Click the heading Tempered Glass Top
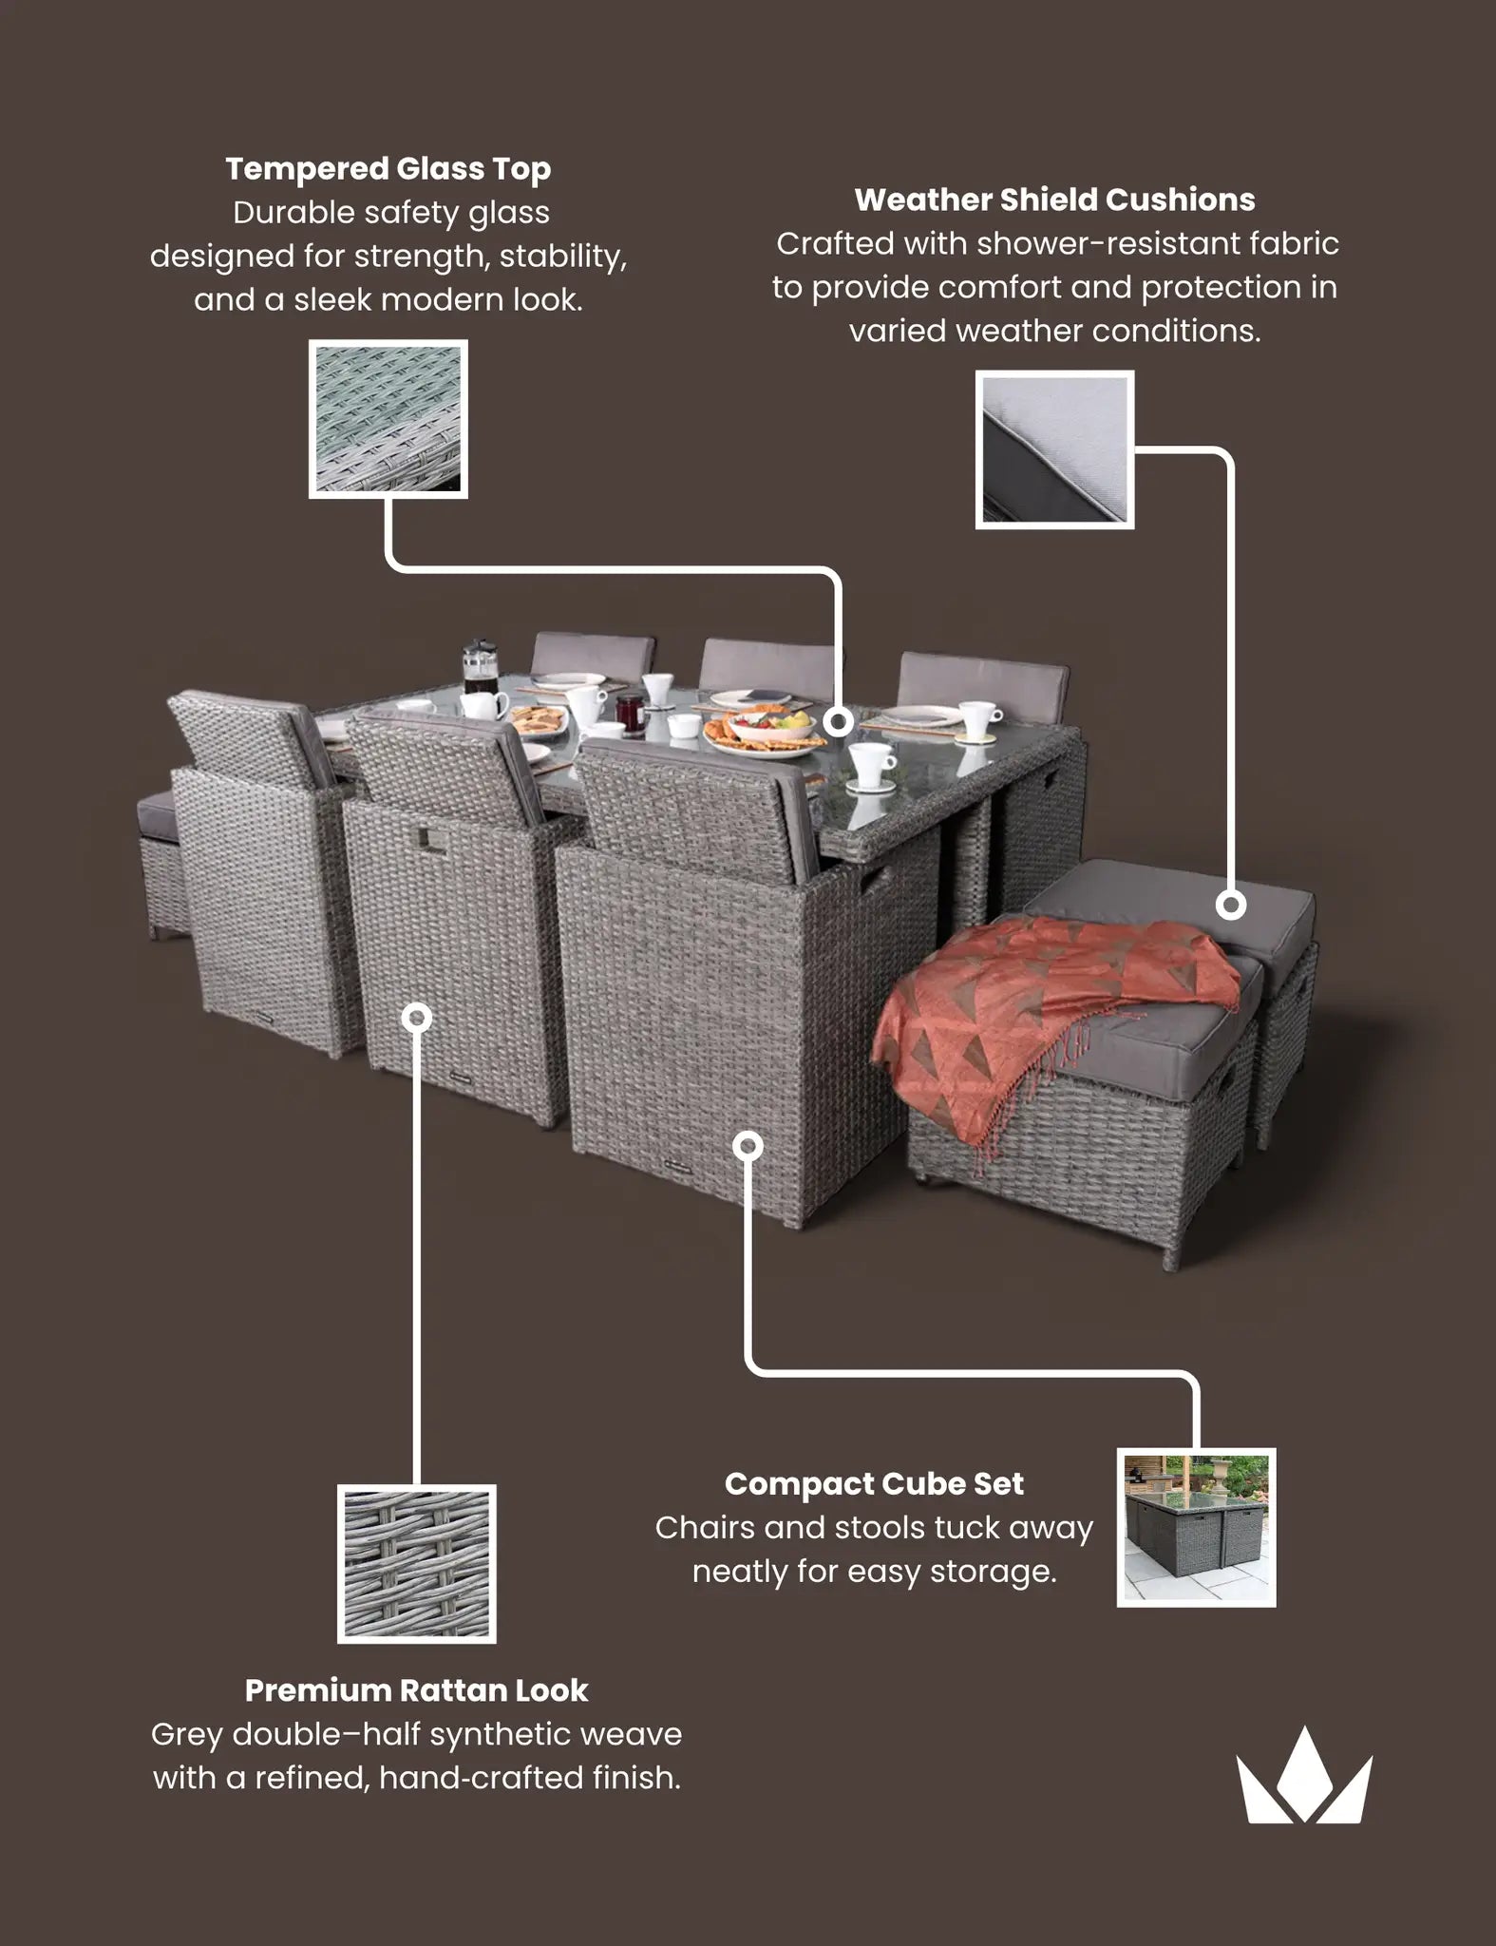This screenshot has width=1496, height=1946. [388, 169]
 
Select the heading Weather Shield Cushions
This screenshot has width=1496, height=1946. [1054, 200]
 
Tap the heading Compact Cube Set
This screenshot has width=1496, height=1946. [874, 1483]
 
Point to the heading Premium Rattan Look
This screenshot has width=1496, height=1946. [416, 1689]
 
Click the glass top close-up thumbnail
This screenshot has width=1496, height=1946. [388, 418]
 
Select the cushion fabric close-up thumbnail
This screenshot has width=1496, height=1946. [1054, 449]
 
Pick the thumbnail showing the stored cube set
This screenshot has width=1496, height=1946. [1196, 1527]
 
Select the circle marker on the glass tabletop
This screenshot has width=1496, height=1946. [838, 722]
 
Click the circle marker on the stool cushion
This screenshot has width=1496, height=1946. [1231, 905]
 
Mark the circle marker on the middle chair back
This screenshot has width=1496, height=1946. [416, 1018]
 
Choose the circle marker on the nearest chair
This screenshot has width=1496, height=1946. [748, 1146]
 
